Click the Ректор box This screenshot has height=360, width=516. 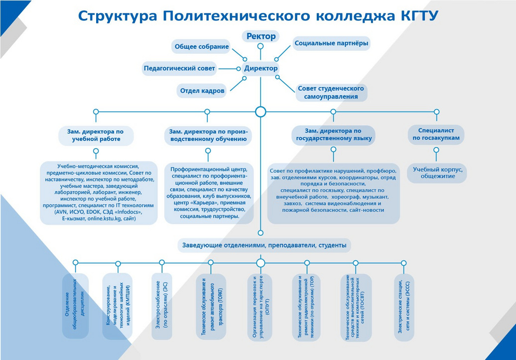pyautogui.click(x=260, y=36)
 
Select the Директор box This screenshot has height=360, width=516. pyautogui.click(x=260, y=68)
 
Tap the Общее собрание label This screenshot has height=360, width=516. pyautogui.click(x=201, y=47)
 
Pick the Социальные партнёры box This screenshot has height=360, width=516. pyautogui.click(x=331, y=43)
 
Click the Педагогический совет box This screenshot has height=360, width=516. pyautogui.click(x=179, y=68)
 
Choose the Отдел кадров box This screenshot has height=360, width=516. pyautogui.click(x=201, y=91)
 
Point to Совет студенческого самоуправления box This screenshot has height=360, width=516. pyautogui.click(x=331, y=92)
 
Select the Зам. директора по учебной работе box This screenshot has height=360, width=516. pyautogui.click(x=96, y=135)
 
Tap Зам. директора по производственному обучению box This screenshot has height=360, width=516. pyautogui.click(x=208, y=135)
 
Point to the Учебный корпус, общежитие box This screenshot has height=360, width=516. pyautogui.click(x=438, y=172)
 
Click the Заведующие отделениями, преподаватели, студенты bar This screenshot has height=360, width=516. pyautogui.click(x=264, y=245)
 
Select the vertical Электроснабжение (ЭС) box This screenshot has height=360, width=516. pyautogui.click(x=162, y=306)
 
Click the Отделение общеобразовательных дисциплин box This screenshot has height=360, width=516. pyautogui.click(x=75, y=306)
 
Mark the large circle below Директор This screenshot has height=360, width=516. pyautogui.click(x=260, y=112)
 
